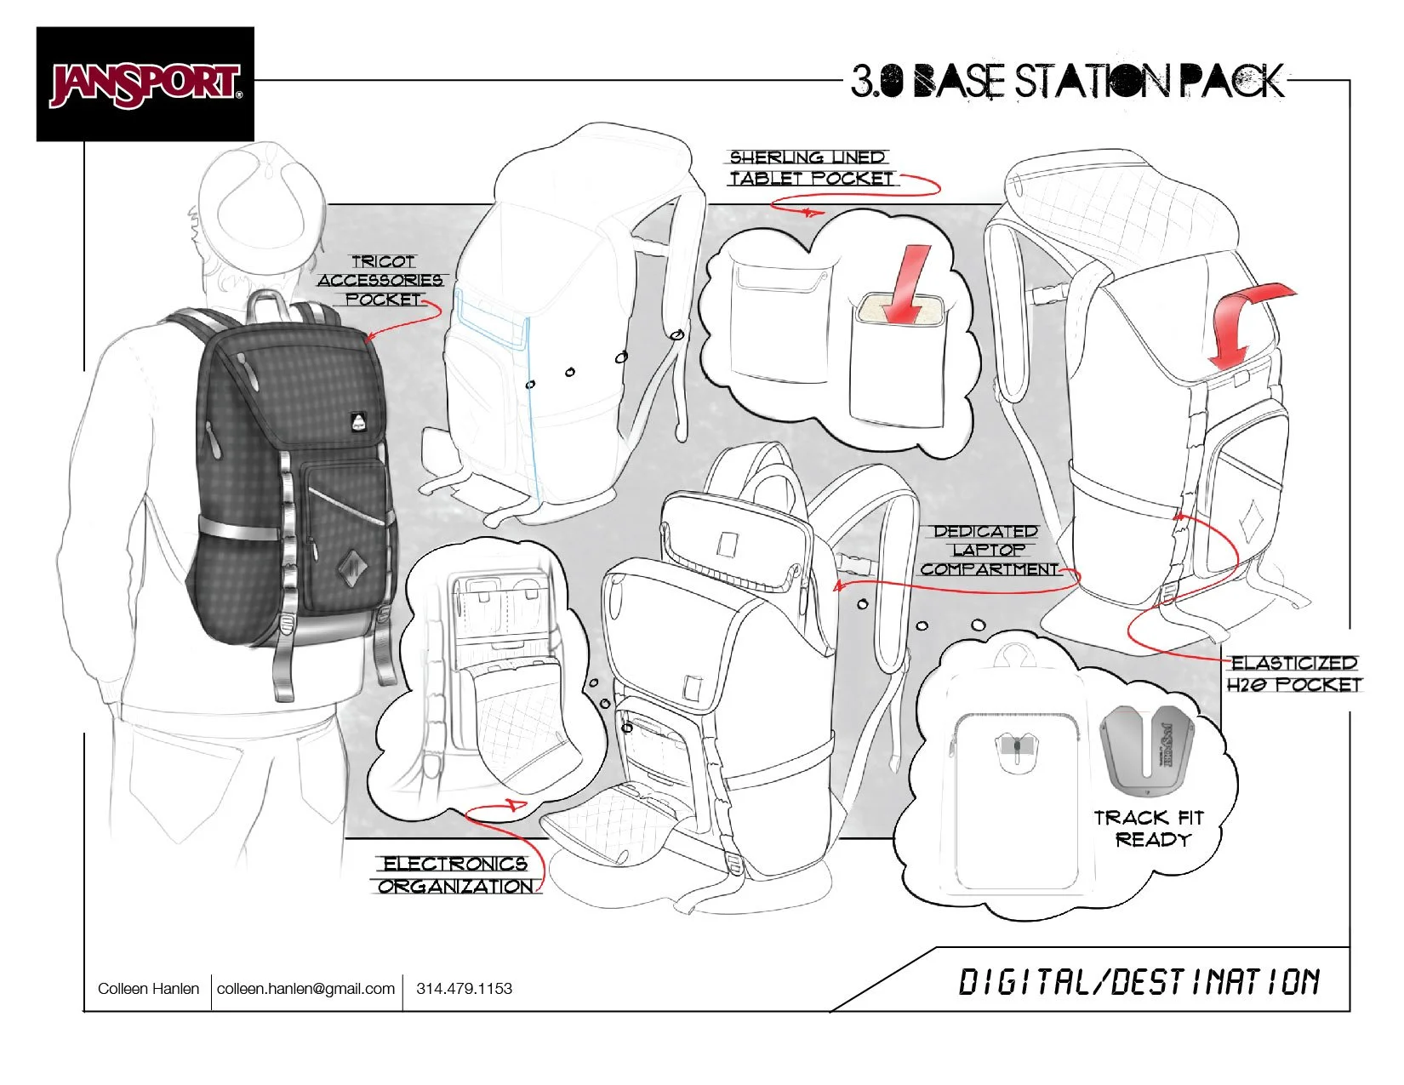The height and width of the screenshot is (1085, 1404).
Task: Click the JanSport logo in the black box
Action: click(x=146, y=84)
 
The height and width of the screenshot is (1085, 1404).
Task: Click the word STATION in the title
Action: click(x=1092, y=82)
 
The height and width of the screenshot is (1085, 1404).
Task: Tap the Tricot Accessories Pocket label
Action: click(x=381, y=281)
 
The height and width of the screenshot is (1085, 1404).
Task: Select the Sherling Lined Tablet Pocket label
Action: click(x=810, y=168)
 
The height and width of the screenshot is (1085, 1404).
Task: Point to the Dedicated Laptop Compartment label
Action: click(x=989, y=550)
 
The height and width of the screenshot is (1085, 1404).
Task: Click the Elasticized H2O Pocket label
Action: click(x=1293, y=673)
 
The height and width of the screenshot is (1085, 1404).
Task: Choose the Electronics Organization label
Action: click(x=456, y=874)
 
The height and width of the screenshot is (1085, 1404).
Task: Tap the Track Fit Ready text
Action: click(x=1149, y=829)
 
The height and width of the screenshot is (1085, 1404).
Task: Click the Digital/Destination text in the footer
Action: click(x=1139, y=982)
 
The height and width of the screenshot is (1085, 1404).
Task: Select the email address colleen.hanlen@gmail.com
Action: click(x=305, y=989)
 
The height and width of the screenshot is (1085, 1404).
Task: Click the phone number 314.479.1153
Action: click(x=464, y=989)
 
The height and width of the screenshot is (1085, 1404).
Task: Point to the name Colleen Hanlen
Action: click(x=148, y=989)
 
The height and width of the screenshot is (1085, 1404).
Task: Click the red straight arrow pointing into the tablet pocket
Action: click(x=906, y=283)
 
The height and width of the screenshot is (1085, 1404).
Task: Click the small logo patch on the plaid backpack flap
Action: click(x=357, y=421)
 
